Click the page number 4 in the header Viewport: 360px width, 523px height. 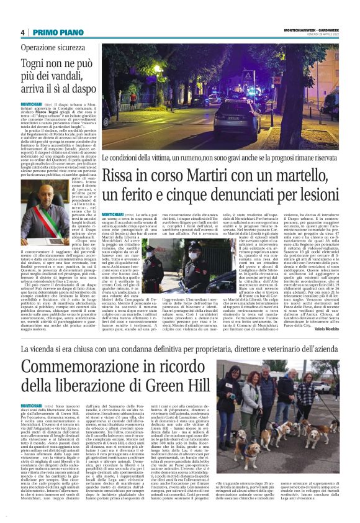click(22, 32)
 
